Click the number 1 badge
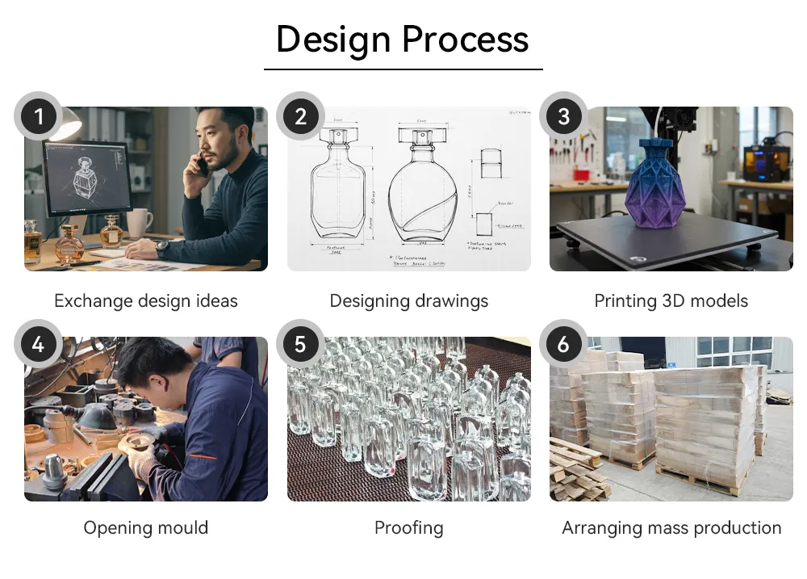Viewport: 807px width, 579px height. [38, 118]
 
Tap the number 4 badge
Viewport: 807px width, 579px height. [38, 345]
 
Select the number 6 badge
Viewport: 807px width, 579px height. [563, 345]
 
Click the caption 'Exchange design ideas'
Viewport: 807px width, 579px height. [146, 301]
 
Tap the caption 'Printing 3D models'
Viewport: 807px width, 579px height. [671, 301]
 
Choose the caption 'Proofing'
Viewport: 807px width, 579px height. [408, 528]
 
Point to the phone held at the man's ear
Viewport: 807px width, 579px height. [201, 166]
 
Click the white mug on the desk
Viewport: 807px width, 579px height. [138, 224]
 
